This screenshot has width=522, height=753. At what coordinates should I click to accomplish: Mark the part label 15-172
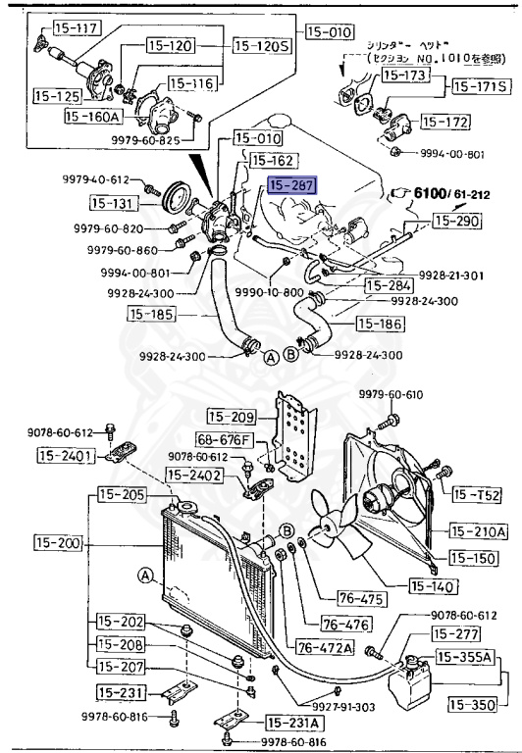click(x=447, y=122)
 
